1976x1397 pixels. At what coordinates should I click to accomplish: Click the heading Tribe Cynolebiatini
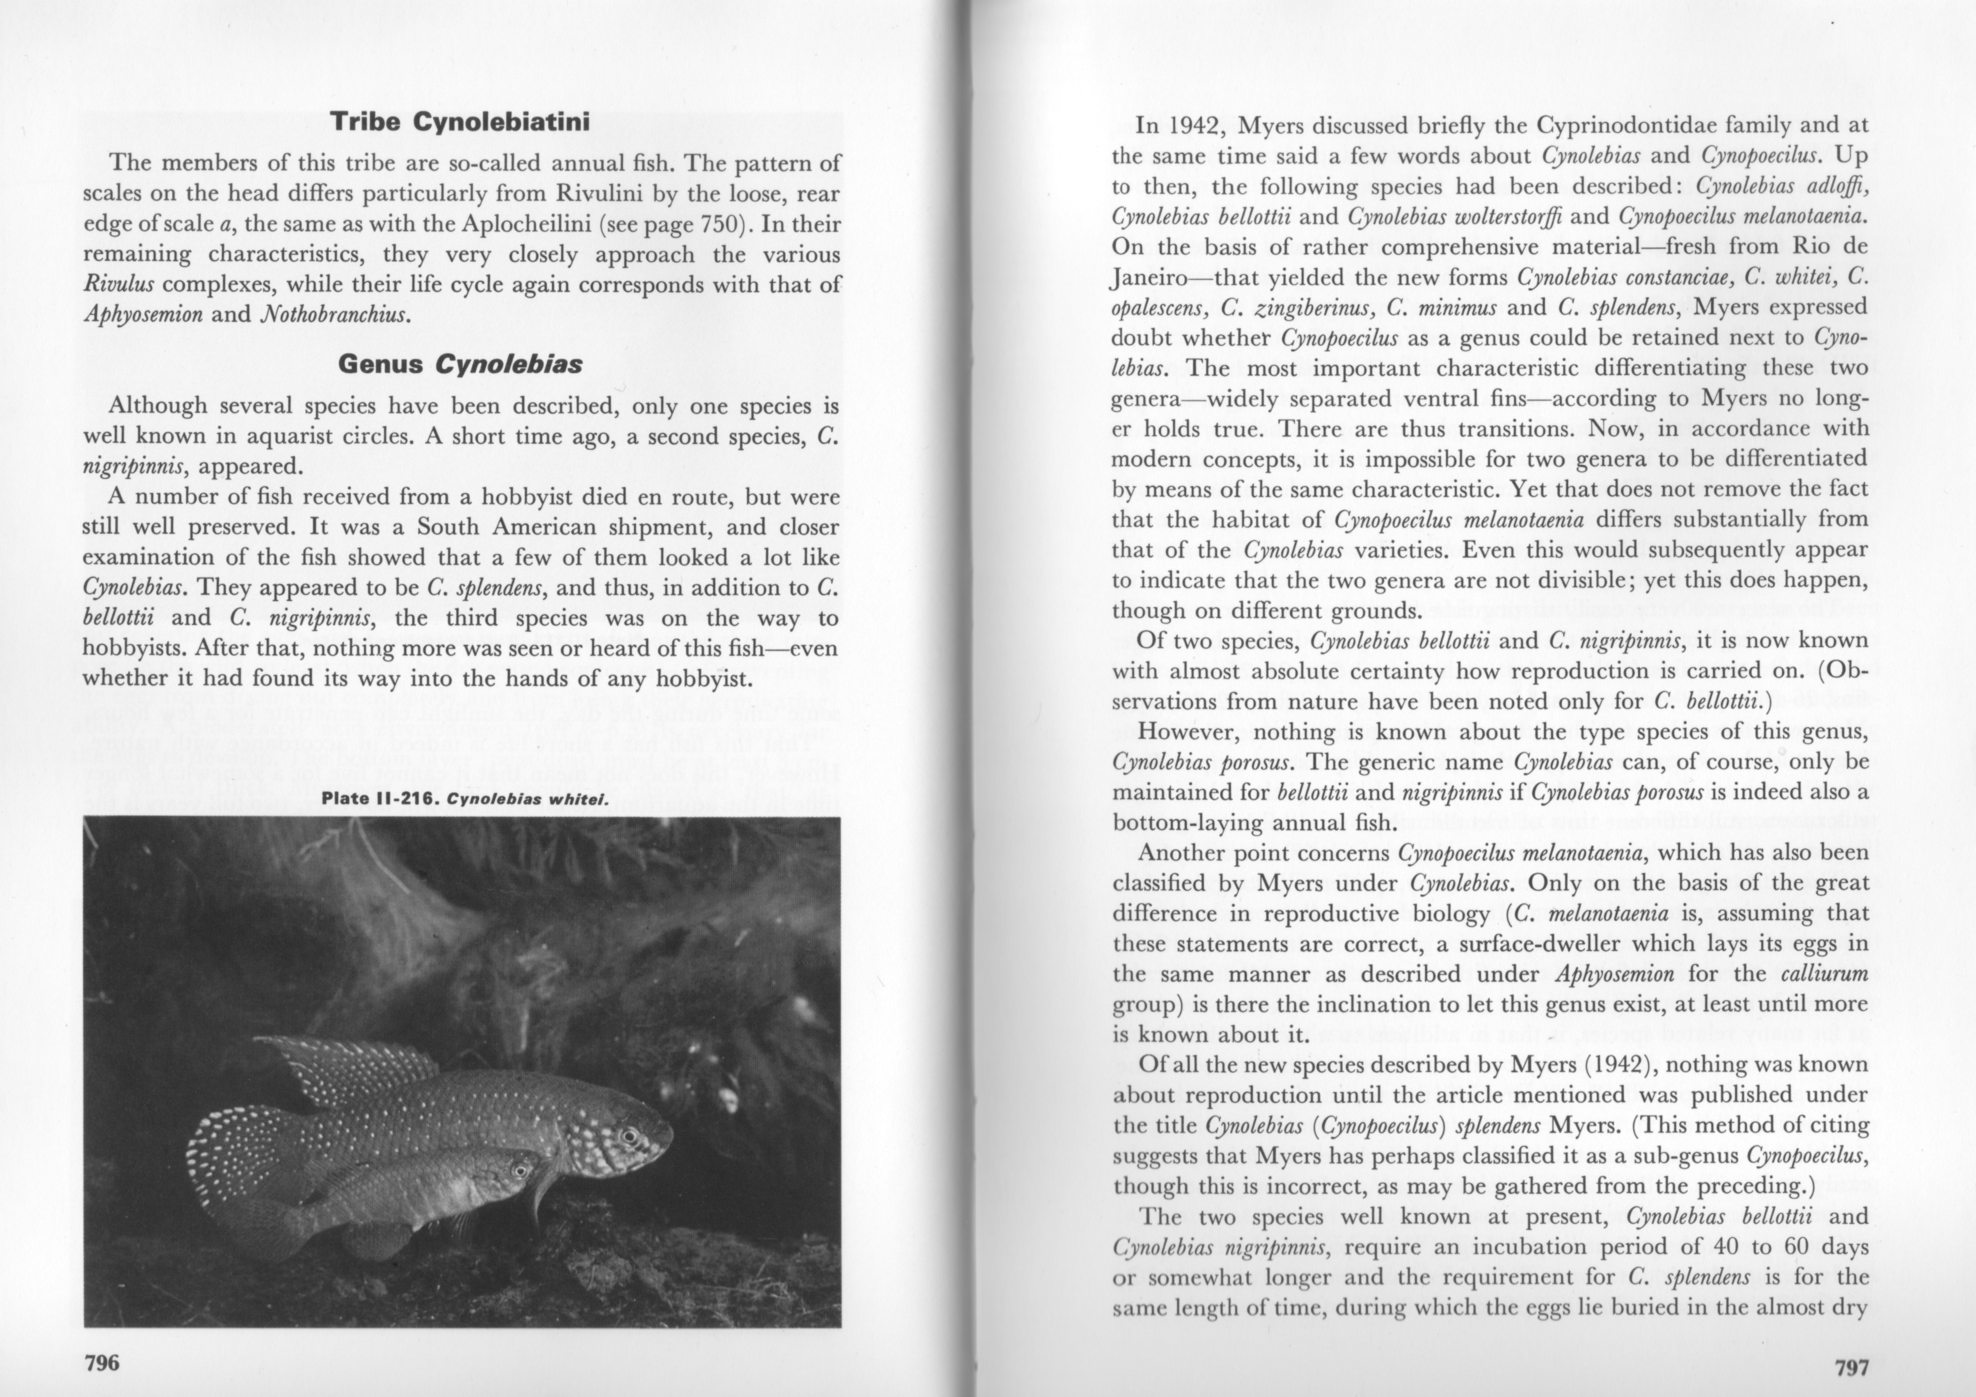pos(460,122)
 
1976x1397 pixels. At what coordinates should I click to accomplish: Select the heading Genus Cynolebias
pos(460,365)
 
